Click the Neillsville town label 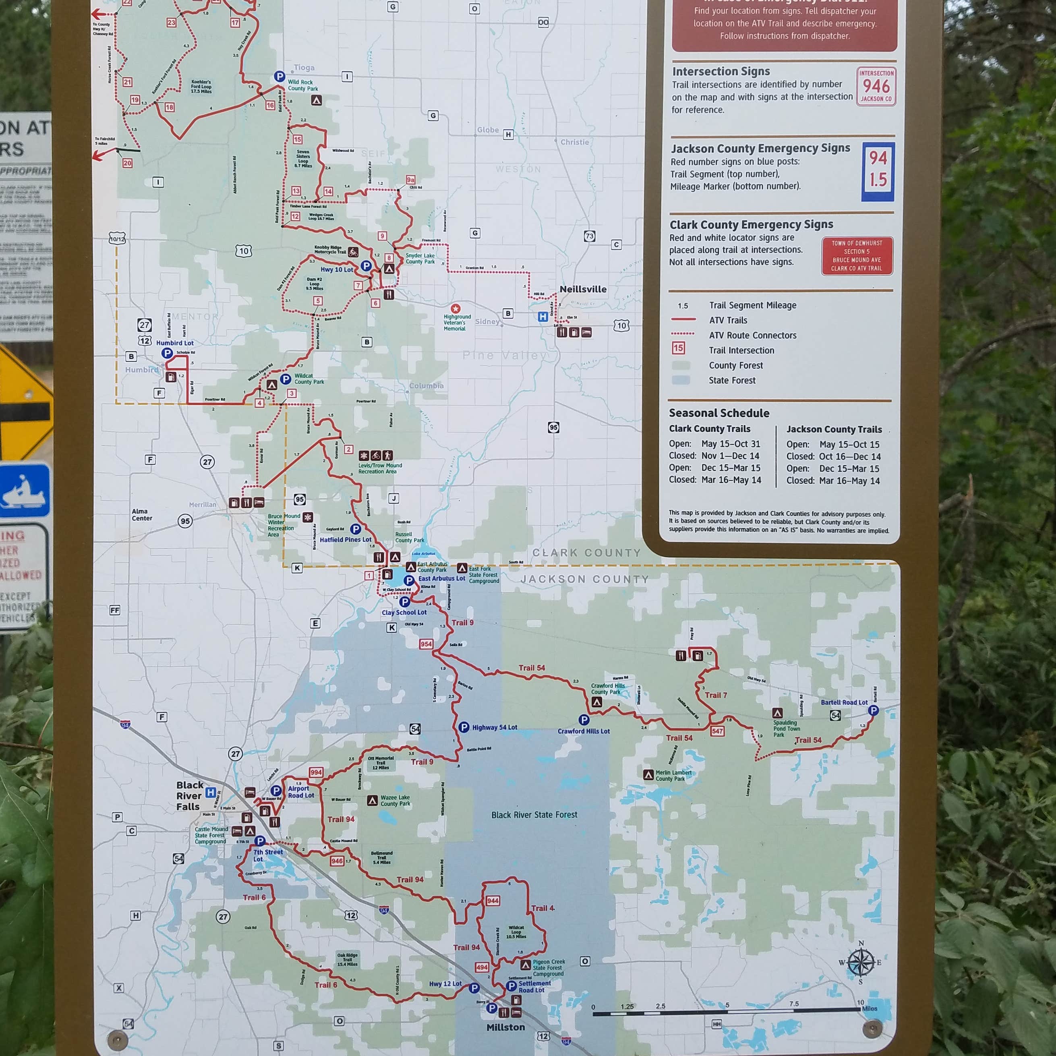[x=583, y=289]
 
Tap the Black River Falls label [x=189, y=796]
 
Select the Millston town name [x=505, y=1027]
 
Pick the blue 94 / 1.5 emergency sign [x=878, y=171]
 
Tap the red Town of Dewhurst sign [x=857, y=255]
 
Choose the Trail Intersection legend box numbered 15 [x=678, y=348]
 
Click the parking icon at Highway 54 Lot [x=464, y=727]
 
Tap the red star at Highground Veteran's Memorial [x=455, y=309]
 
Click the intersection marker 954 [x=426, y=644]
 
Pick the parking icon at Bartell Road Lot [x=874, y=710]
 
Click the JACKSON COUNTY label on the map [x=584, y=580]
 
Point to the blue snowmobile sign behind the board [x=25, y=490]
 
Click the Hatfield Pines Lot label [x=345, y=540]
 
